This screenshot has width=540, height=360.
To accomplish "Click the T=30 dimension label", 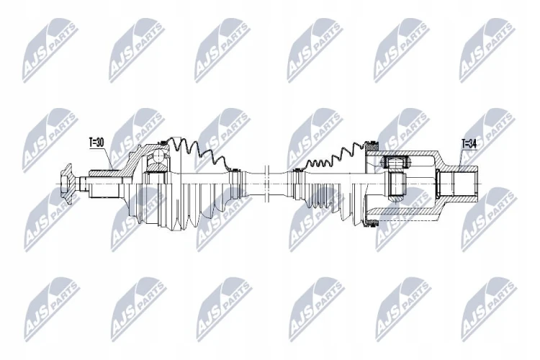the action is click(x=96, y=143).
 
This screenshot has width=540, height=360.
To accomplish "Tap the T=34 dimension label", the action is click(x=469, y=144).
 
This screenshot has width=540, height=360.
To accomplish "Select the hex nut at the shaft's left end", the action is click(x=66, y=184).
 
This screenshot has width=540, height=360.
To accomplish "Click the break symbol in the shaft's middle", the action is click(x=266, y=184).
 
